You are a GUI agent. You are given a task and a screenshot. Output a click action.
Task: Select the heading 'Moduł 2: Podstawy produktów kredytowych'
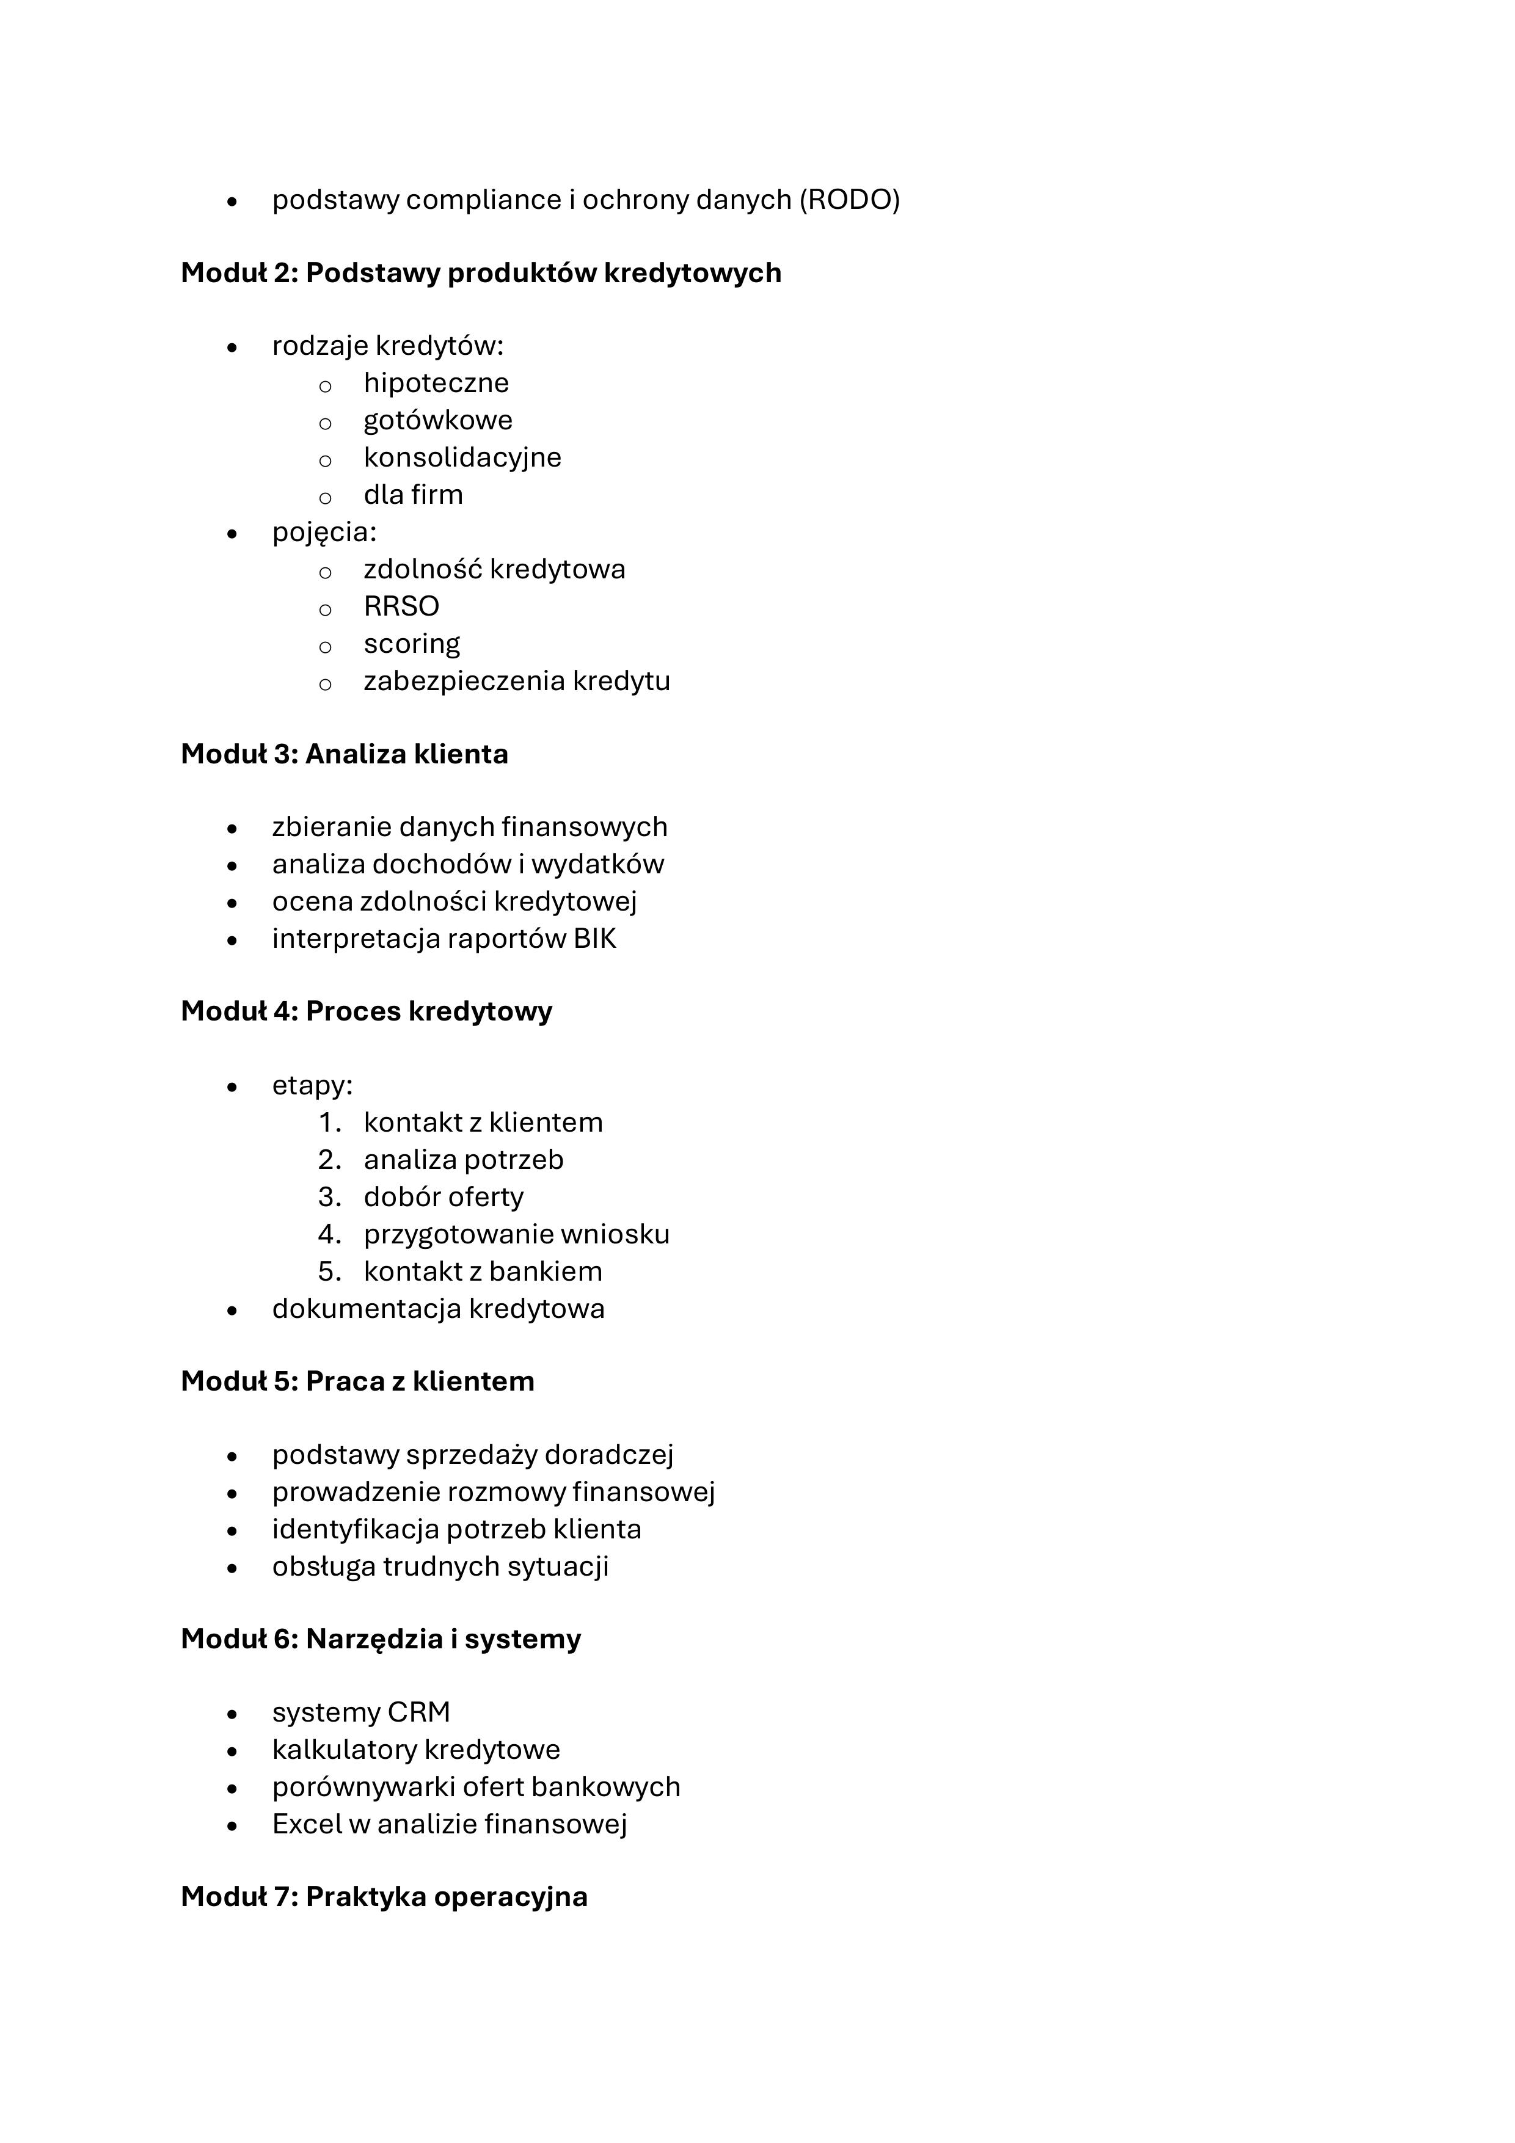(x=481, y=274)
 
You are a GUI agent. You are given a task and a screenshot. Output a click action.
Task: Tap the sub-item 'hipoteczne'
(x=436, y=383)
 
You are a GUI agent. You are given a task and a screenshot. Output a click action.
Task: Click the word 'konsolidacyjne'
(x=462, y=457)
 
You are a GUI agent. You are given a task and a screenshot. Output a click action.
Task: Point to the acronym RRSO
(x=401, y=606)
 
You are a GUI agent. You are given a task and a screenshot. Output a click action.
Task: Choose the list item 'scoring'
(x=412, y=644)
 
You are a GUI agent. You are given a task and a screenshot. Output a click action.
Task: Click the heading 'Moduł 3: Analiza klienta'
(x=345, y=754)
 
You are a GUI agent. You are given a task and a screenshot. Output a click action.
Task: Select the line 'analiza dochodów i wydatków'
(x=468, y=864)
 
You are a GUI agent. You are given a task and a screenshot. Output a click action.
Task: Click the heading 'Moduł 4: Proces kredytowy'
(x=367, y=1012)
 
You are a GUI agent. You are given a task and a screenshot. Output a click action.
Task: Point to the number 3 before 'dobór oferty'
(x=327, y=1196)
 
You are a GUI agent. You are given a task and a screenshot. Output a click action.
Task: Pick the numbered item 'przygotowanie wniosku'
(x=516, y=1234)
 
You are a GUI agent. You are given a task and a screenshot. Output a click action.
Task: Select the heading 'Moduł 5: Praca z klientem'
(x=357, y=1381)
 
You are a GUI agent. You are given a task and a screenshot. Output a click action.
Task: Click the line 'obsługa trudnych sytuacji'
(x=440, y=1566)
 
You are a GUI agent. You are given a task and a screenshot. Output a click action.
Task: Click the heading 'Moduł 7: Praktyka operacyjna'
(x=384, y=1897)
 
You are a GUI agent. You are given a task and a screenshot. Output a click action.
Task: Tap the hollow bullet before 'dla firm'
(x=325, y=497)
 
